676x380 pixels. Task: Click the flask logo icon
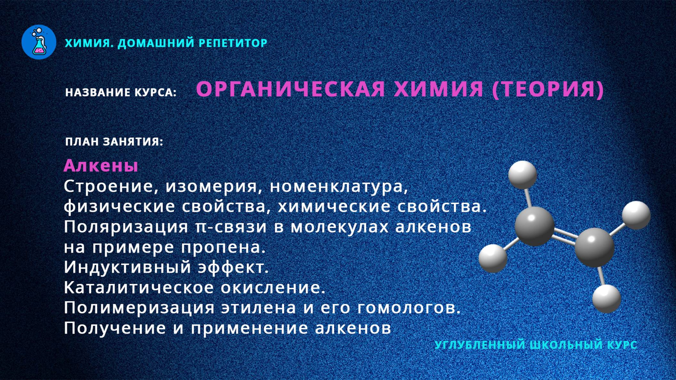coord(39,42)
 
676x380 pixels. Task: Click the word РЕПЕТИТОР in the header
coord(233,43)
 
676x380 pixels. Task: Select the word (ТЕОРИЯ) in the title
coord(548,89)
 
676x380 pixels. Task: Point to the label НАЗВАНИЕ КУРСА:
coord(121,92)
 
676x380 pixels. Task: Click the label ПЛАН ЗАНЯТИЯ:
coord(114,142)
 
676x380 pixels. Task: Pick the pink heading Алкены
coord(101,166)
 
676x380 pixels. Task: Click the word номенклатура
coord(339,186)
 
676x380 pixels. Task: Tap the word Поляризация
coord(126,227)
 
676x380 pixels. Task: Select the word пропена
coord(223,247)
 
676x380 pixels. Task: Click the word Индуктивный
coord(127,267)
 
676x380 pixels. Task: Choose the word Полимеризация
coord(139,308)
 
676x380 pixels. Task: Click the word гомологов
coord(408,308)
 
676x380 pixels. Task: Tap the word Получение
coord(115,328)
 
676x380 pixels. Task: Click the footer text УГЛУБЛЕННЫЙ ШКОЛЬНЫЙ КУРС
coord(536,345)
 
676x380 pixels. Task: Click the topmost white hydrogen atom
coord(522,175)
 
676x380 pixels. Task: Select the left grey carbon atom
coord(534,226)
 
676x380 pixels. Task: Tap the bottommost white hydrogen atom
coord(606,299)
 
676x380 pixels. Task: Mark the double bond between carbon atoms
coord(565,236)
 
